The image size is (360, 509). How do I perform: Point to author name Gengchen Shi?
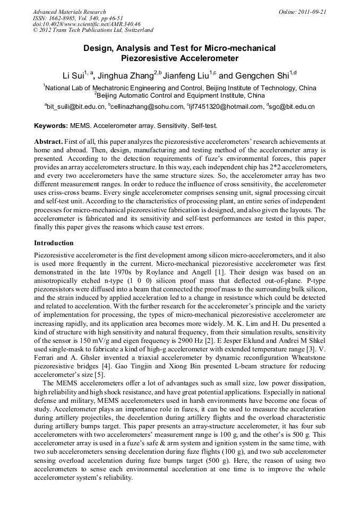click(x=262, y=75)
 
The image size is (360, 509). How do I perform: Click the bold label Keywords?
click(x=51, y=126)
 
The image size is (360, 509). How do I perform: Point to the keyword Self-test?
click(x=203, y=126)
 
